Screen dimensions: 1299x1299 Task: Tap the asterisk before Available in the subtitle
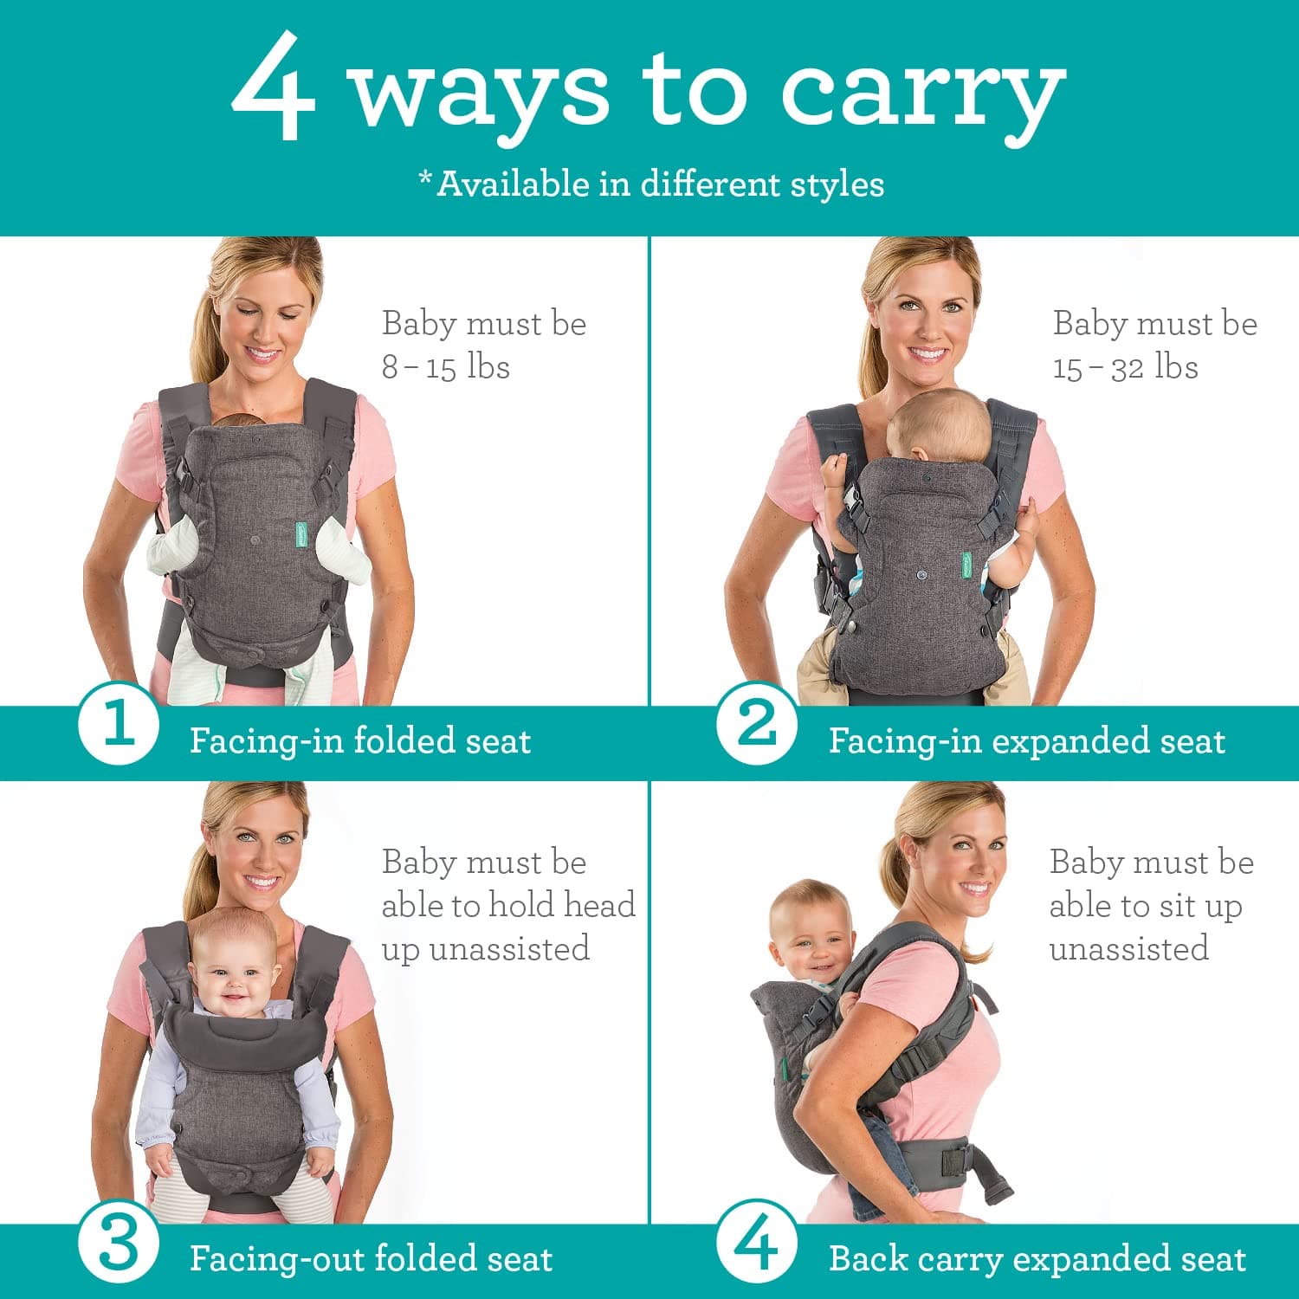point(425,178)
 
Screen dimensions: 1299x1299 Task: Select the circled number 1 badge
point(119,723)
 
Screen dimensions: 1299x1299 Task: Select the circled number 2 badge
point(757,723)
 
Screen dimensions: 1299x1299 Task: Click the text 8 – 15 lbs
point(446,367)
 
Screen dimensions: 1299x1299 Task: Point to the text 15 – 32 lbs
point(1125,367)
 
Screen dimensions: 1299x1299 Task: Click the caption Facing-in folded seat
point(359,741)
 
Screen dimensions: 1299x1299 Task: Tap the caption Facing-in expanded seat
point(1026,741)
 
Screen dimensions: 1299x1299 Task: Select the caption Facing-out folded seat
point(371,1259)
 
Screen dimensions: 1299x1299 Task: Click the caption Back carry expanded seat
point(1037,1259)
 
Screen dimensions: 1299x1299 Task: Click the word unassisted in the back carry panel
point(1128,949)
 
